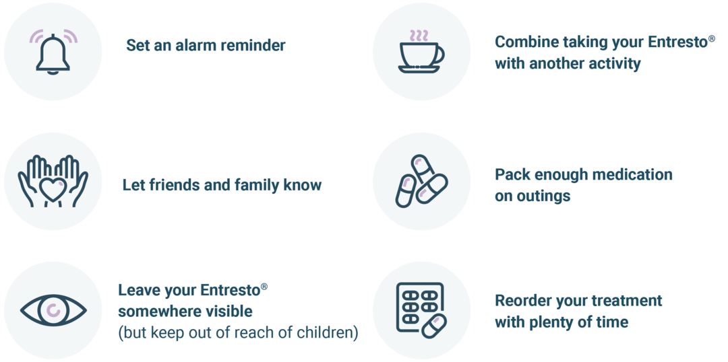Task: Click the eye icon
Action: pos(53,310)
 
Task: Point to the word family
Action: pos(257,186)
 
